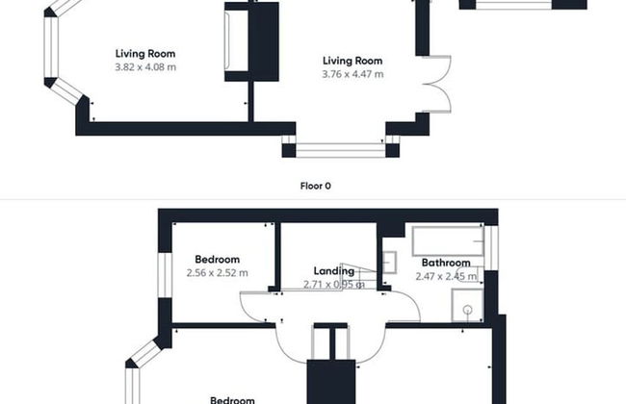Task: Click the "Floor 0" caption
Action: click(315, 186)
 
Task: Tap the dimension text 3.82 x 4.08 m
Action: click(145, 67)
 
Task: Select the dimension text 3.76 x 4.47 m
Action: click(352, 74)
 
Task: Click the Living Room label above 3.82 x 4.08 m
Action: click(145, 54)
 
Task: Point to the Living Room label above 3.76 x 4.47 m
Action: click(352, 61)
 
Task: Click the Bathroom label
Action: click(445, 263)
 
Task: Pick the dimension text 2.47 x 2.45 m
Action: click(445, 276)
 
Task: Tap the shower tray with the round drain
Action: click(468, 307)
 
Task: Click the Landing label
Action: click(333, 271)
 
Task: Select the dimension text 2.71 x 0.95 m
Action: click(333, 285)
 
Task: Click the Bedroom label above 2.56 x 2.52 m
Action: click(217, 260)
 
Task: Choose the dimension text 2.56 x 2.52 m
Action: click(217, 273)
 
